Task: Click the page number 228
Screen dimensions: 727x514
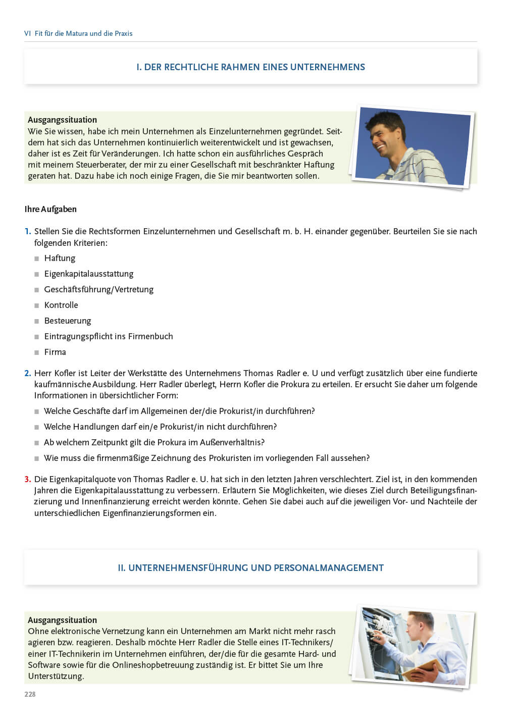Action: click(30, 694)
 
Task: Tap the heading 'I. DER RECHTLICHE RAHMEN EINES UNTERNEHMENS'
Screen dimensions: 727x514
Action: click(250, 67)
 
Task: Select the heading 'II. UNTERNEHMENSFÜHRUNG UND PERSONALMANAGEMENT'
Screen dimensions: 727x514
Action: click(250, 568)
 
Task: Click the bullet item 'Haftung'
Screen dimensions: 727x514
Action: click(60, 258)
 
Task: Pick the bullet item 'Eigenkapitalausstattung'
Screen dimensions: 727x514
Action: click(88, 274)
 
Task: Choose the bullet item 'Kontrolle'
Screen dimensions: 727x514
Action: click(61, 305)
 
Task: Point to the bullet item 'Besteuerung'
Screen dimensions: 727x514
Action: click(68, 321)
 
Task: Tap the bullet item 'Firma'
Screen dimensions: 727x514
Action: click(55, 352)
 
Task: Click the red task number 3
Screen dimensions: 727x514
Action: click(27, 479)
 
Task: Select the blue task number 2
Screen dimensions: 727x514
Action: click(27, 373)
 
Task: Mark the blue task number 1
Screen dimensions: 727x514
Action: click(27, 231)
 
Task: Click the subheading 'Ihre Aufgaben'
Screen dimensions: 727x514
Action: click(50, 209)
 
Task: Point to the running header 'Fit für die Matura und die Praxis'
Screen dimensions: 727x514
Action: click(83, 33)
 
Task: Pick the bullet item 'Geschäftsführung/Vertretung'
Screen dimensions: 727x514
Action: click(98, 289)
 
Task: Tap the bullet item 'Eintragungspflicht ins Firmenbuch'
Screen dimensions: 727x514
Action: click(108, 336)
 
